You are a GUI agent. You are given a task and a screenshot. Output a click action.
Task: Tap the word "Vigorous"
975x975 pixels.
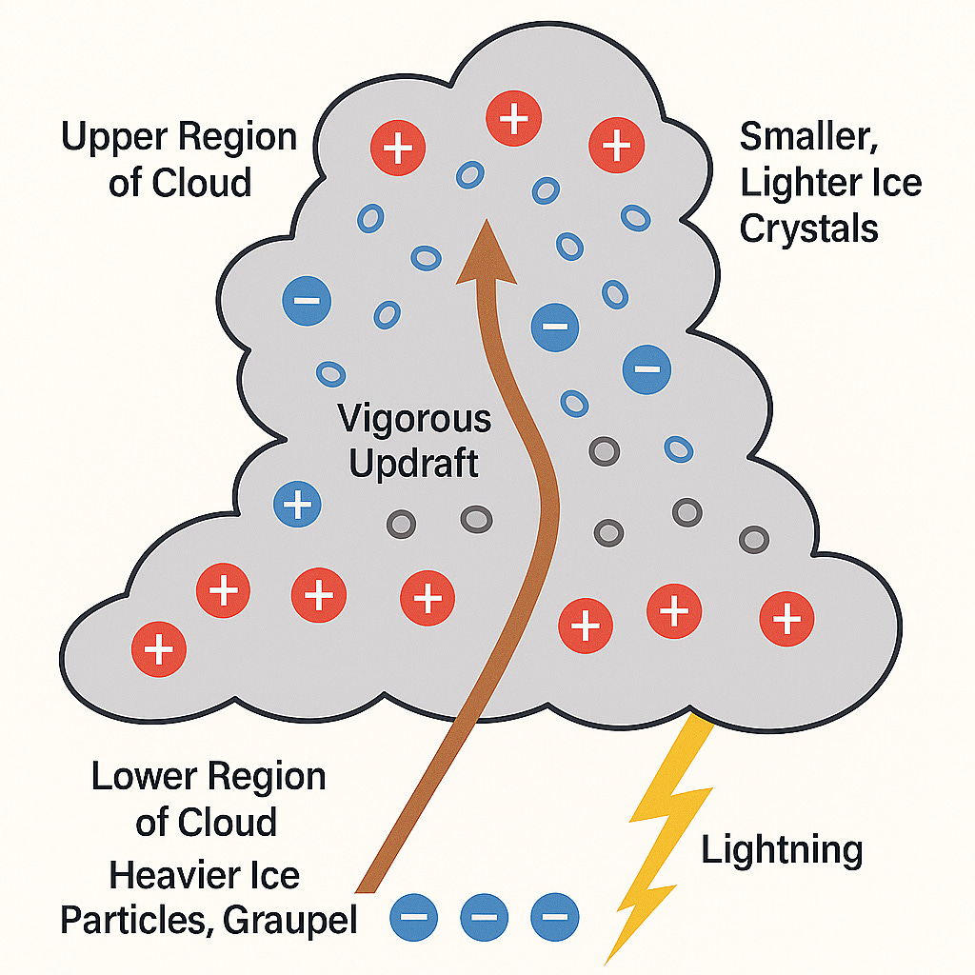[414, 419]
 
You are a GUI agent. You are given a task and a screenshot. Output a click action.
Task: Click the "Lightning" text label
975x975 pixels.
[782, 849]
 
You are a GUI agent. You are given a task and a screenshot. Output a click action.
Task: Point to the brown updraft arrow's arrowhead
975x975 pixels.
[487, 252]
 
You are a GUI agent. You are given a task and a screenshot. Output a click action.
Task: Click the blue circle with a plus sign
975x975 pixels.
[298, 503]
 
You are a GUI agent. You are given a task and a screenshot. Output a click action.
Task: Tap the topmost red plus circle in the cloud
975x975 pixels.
[514, 119]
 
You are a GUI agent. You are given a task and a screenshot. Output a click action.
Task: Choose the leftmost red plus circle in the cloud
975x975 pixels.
[159, 649]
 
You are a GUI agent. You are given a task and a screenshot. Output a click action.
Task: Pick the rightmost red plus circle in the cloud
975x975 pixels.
[786, 620]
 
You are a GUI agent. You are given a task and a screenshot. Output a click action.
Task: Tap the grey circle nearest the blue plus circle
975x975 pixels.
[401, 523]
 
